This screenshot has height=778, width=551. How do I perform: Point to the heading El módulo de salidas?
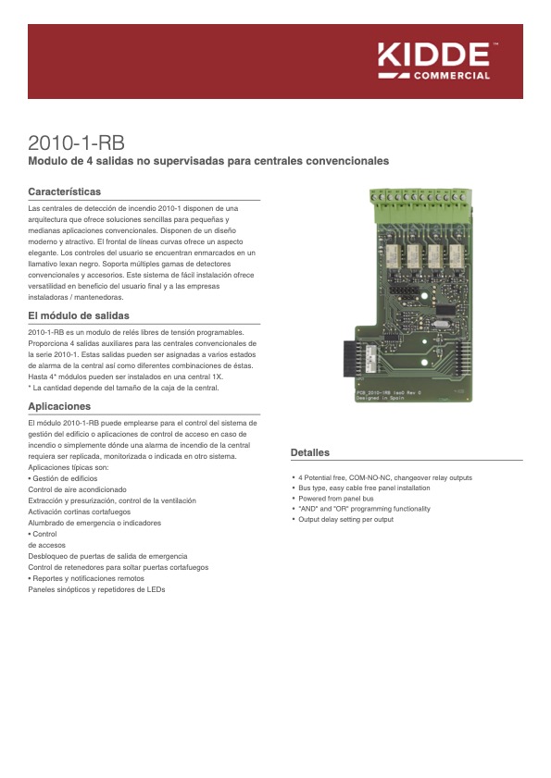click(x=79, y=316)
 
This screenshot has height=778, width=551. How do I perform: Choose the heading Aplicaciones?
click(x=59, y=406)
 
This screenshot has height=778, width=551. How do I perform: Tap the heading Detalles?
click(x=310, y=452)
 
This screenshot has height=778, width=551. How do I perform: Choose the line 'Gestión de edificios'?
click(x=66, y=478)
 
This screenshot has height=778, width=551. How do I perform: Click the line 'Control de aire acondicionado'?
click(x=78, y=489)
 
